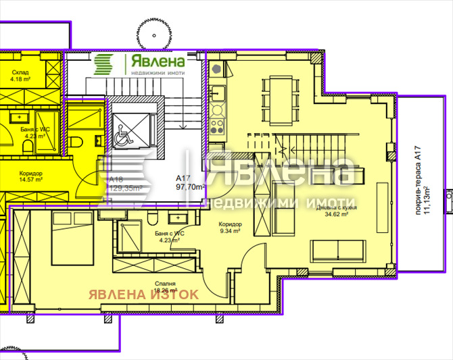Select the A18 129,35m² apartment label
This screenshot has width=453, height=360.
[122, 184]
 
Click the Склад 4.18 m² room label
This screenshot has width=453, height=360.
[20, 76]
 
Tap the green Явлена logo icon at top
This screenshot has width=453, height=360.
[103, 65]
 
